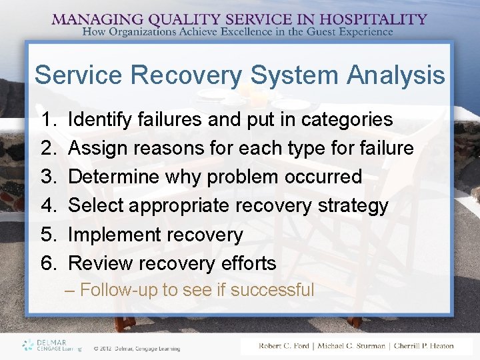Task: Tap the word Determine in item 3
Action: click(115, 177)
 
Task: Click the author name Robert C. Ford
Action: click(289, 346)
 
